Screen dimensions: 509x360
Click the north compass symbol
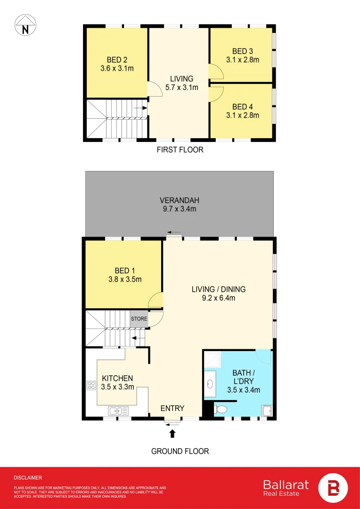[x=25, y=25]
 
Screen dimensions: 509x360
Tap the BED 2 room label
[x=117, y=60]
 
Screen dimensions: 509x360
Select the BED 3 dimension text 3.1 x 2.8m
[x=243, y=59]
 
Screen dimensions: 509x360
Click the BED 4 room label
[x=243, y=107]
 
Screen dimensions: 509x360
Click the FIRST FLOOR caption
[x=180, y=150]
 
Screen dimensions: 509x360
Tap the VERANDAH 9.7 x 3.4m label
[x=180, y=204]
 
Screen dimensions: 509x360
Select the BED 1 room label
[x=125, y=271]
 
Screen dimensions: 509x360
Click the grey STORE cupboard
[x=139, y=319]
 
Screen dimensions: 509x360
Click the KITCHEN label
[x=118, y=378]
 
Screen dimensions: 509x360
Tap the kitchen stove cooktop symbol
[x=91, y=386]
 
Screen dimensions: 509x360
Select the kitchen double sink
[x=116, y=411]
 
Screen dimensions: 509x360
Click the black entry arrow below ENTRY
[x=172, y=432]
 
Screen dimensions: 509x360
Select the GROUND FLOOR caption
[x=180, y=451]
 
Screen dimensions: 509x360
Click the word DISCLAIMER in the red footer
[x=28, y=478]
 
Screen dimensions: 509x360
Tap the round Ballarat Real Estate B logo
[x=333, y=488]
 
